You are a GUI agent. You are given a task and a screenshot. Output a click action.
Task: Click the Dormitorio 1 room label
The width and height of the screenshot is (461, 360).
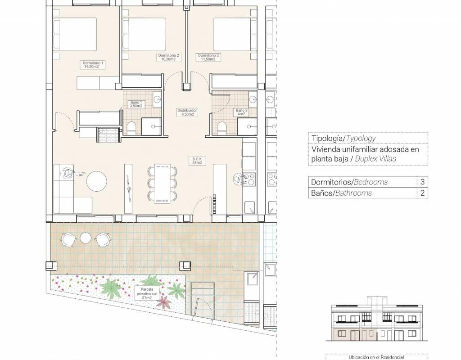93,65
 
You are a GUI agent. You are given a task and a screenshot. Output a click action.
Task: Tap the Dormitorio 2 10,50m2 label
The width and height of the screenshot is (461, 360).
168,57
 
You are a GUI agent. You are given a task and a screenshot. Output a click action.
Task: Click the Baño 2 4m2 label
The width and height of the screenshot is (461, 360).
241,112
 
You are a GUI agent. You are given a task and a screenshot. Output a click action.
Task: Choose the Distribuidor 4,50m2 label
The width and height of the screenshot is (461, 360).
187,112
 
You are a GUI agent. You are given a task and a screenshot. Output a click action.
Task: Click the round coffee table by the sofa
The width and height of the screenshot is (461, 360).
97,181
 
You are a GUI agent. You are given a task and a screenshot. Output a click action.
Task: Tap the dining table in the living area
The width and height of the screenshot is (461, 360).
162,184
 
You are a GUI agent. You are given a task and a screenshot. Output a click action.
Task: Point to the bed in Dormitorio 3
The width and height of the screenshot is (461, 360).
232,34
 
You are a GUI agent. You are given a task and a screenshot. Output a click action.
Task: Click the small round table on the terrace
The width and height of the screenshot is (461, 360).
85,238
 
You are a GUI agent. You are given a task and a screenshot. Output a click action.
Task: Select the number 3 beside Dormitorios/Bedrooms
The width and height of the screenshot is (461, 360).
422,182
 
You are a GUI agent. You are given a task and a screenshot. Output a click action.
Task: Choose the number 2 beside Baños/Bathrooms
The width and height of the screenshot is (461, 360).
422,193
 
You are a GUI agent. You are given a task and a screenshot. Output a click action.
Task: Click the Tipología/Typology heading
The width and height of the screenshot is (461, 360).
343,139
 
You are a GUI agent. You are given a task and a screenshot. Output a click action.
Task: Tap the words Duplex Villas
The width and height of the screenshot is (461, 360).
375,159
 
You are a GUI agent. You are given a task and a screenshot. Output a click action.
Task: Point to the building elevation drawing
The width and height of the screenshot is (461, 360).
377,319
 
